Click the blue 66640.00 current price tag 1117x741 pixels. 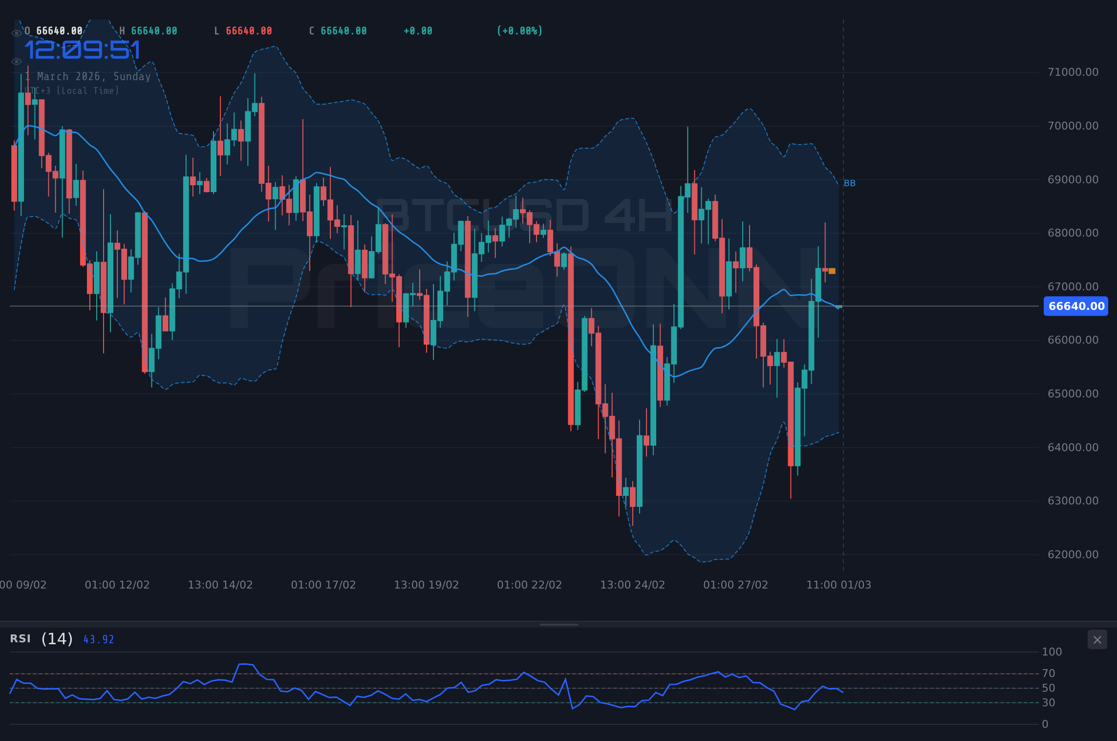(1075, 306)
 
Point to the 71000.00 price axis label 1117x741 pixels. (1073, 72)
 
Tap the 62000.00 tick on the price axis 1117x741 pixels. (1073, 555)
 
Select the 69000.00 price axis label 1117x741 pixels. (1073, 180)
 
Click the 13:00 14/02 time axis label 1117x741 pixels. (220, 585)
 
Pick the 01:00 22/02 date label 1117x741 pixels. (529, 585)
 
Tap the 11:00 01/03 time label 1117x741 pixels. (838, 585)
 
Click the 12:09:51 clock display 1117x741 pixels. (82, 50)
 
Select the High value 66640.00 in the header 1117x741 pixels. (154, 31)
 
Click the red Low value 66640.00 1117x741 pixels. (249, 31)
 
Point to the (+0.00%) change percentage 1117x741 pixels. (519, 31)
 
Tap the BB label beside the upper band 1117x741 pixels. (850, 183)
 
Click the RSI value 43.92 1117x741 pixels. (99, 640)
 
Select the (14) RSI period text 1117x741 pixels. (57, 639)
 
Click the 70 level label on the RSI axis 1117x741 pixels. (1048, 674)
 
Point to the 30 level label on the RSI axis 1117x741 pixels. (1048, 703)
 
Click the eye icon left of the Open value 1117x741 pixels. (17, 33)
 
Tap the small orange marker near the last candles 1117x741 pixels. (832, 271)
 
